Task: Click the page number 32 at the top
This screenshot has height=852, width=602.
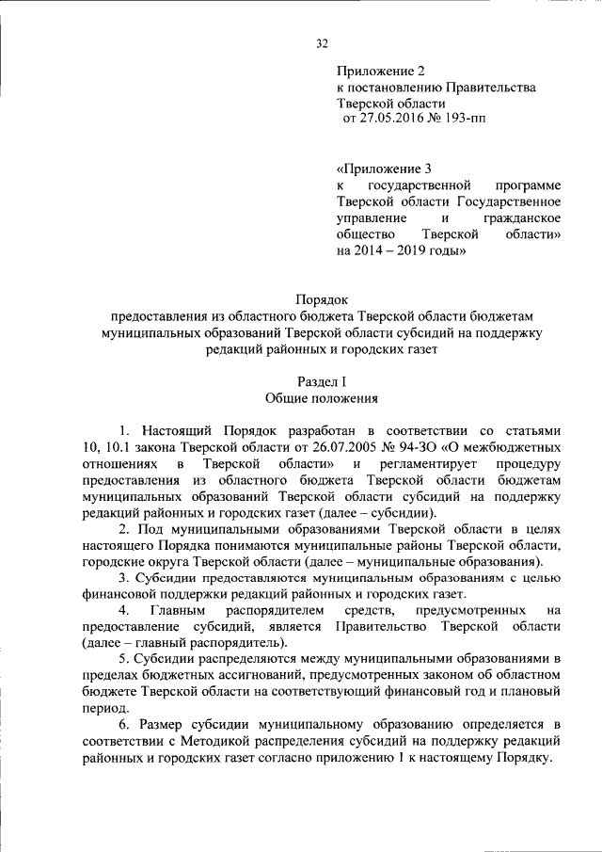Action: [321, 42]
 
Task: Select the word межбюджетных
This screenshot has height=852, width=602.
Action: [513, 447]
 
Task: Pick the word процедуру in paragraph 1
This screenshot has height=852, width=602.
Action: [529, 464]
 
